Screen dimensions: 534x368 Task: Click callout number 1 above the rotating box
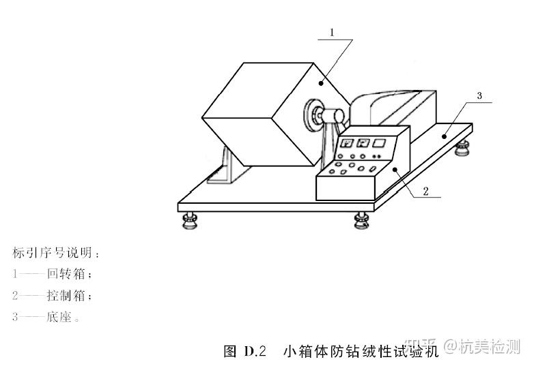(332, 32)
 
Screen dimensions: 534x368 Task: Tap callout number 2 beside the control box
(425, 191)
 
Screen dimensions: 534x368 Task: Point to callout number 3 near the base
(479, 96)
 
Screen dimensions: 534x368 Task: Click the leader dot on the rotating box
(321, 82)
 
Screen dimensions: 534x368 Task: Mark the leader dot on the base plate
(445, 136)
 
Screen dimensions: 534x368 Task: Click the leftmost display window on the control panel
(347, 143)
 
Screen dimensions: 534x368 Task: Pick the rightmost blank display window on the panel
(378, 143)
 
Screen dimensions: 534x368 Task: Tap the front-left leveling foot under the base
(189, 219)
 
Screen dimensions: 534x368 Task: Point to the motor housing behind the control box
(396, 109)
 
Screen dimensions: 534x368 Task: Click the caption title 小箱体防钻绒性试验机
(359, 352)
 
